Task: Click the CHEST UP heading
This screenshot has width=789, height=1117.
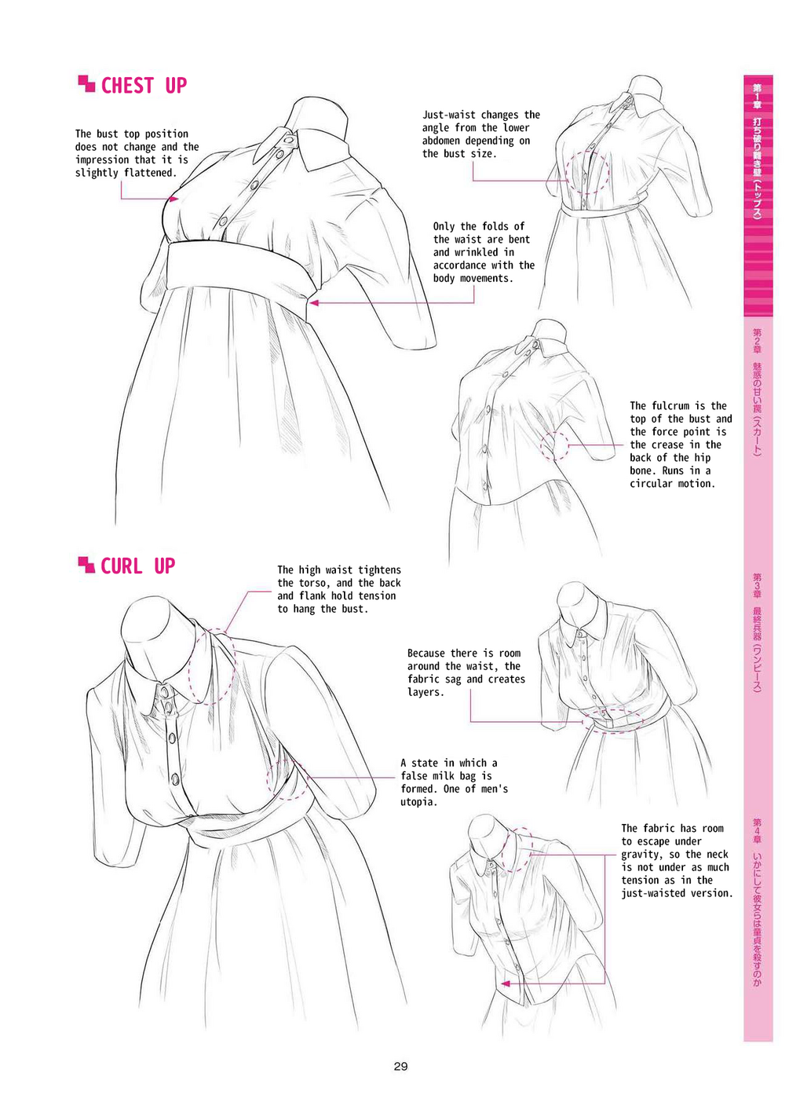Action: click(144, 86)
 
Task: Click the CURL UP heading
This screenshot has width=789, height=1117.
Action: click(137, 566)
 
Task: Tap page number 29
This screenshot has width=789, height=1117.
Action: click(400, 1066)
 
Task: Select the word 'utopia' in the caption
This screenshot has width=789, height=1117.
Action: click(416, 802)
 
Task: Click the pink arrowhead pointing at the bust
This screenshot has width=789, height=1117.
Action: click(174, 199)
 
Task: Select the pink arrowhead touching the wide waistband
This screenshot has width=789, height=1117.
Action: click(313, 302)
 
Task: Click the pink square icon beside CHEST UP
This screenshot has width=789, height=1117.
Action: click(86, 83)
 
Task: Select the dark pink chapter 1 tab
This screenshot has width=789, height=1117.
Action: click(758, 195)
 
